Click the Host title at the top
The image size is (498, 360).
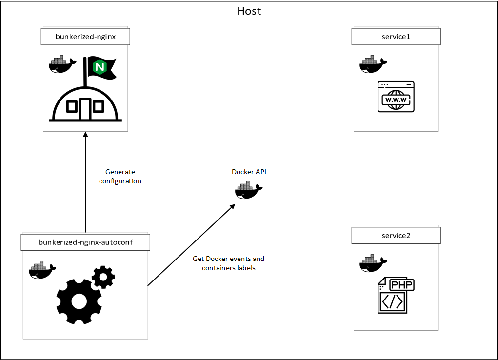[x=249, y=11]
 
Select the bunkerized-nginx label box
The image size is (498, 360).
[x=85, y=36]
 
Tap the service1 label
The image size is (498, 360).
[x=396, y=36]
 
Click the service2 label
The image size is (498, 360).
[x=396, y=235]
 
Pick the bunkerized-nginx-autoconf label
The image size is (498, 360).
[x=85, y=242]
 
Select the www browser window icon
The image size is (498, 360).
[x=396, y=97]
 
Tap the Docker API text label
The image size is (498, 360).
[x=249, y=172]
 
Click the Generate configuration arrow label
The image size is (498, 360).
[x=120, y=177]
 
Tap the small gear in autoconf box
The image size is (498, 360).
[x=103, y=277]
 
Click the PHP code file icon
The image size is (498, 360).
[x=396, y=295]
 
